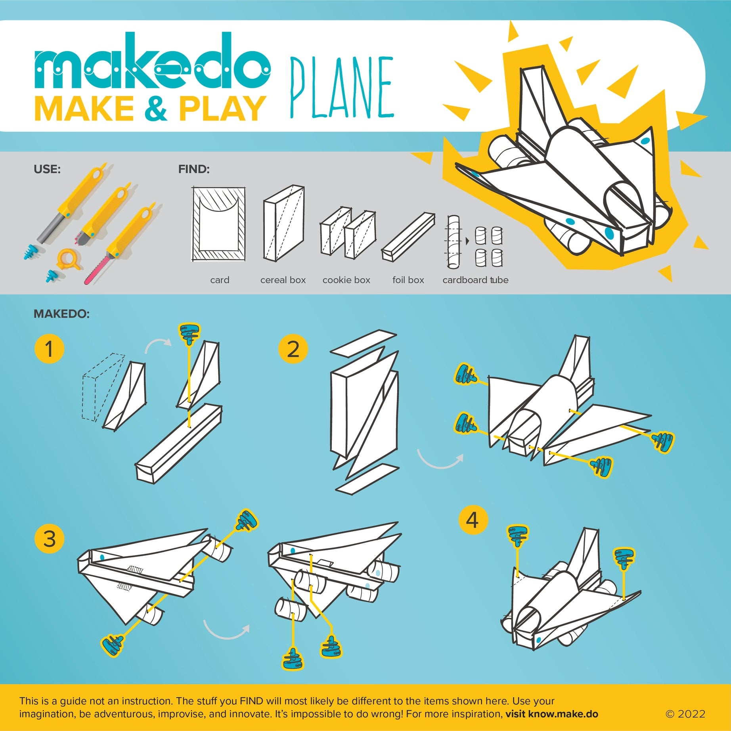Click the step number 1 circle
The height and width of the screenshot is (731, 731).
(x=49, y=349)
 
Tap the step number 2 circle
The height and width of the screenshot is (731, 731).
(x=293, y=349)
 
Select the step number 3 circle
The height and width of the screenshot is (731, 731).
(x=49, y=539)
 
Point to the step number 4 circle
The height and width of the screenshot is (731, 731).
(x=473, y=520)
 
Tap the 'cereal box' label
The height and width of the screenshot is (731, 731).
(x=283, y=280)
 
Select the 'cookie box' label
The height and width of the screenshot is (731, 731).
(x=346, y=280)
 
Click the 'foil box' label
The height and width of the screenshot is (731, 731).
(x=408, y=280)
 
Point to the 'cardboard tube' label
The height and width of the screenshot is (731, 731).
(x=475, y=280)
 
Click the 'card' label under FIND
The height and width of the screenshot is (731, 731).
(x=220, y=280)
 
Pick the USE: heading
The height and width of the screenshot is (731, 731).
(x=47, y=169)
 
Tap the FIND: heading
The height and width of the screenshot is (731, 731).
(x=194, y=169)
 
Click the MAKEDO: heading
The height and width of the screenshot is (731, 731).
(x=61, y=314)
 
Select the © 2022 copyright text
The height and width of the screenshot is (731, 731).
(x=685, y=714)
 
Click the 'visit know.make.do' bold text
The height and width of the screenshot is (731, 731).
(x=552, y=714)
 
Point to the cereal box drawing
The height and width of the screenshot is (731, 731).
(x=284, y=223)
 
